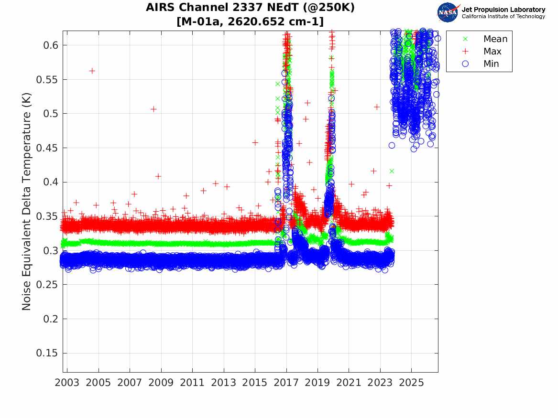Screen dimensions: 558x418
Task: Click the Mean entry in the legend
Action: pos(495,39)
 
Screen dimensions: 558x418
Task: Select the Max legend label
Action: pos(492,52)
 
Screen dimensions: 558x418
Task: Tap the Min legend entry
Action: pos(491,64)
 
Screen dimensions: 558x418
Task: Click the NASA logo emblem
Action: pos(448,12)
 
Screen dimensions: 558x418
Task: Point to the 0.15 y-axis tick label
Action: pos(46,353)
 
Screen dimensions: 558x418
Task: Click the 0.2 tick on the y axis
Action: pos(50,319)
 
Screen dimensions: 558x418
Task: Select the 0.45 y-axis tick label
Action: pos(46,148)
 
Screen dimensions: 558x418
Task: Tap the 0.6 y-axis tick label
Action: pos(50,45)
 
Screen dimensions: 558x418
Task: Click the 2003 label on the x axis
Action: pos(67,383)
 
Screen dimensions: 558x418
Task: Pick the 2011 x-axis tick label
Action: pos(192,383)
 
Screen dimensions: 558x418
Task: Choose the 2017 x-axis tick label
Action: pos(286,383)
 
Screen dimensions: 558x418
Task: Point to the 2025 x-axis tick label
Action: pos(411,383)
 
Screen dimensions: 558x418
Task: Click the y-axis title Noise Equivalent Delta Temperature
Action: pos(27,201)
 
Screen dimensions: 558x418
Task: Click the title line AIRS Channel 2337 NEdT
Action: pos(250,8)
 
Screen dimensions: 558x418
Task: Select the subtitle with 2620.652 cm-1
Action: pos(250,21)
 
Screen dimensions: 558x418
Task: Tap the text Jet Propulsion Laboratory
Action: pos(503,10)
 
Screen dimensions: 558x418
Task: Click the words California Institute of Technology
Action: pos(503,16)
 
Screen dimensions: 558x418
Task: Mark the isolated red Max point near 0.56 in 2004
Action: pos(92,71)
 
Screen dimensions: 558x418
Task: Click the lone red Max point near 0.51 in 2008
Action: pos(153,109)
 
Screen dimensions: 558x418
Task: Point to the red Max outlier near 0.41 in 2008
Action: pos(158,176)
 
